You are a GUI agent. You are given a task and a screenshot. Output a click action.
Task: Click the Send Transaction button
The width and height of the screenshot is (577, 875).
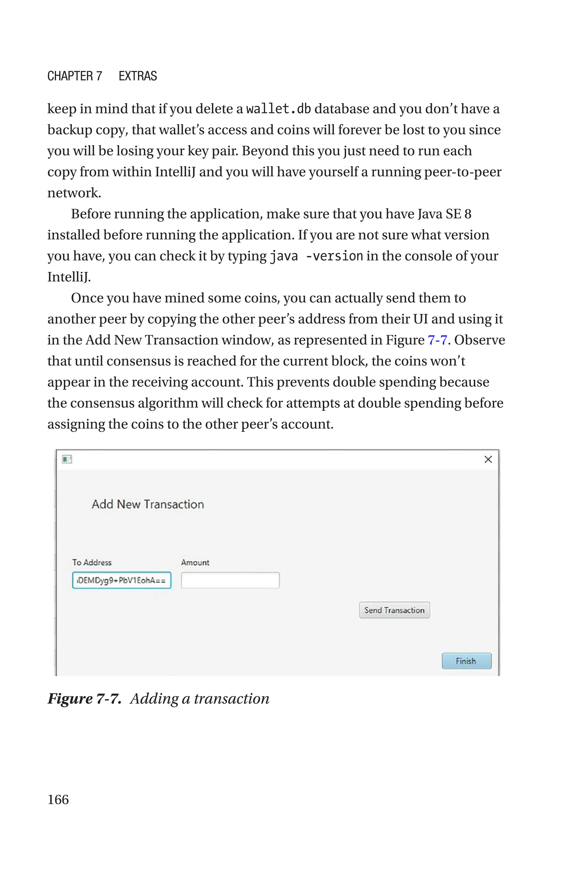(x=394, y=610)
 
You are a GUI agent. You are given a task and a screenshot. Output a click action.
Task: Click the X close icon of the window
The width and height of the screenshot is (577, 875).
(x=488, y=459)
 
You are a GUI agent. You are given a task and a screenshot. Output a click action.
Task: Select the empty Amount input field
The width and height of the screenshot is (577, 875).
(x=230, y=580)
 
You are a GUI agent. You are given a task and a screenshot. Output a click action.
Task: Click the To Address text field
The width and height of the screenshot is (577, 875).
(x=122, y=580)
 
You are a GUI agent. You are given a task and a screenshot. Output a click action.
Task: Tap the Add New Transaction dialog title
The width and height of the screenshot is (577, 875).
(x=148, y=504)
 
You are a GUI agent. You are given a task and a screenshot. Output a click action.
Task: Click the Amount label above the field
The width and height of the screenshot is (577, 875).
(x=195, y=562)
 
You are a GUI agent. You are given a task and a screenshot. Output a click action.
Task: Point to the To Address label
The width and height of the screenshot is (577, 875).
(x=92, y=562)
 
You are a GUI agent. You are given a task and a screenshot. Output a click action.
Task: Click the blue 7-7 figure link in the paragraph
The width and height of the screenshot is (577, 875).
(x=437, y=340)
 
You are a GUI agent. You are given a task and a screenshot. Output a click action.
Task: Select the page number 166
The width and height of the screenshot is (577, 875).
(x=58, y=799)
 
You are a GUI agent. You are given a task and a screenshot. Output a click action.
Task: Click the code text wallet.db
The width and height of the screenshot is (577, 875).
(x=278, y=109)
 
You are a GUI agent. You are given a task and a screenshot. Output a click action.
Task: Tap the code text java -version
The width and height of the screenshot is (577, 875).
(x=316, y=256)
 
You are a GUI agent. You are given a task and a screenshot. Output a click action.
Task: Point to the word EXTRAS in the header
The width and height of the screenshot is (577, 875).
(x=137, y=76)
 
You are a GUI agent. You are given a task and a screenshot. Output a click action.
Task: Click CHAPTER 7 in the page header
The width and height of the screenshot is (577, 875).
(x=75, y=76)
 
